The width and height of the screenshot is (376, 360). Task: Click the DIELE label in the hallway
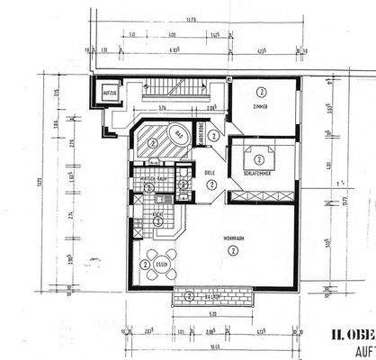coord(210,172)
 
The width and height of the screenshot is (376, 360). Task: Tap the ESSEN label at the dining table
coord(162,265)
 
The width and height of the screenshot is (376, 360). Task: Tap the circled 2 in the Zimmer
coord(261,92)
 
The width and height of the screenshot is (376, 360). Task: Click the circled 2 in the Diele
coord(210,184)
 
